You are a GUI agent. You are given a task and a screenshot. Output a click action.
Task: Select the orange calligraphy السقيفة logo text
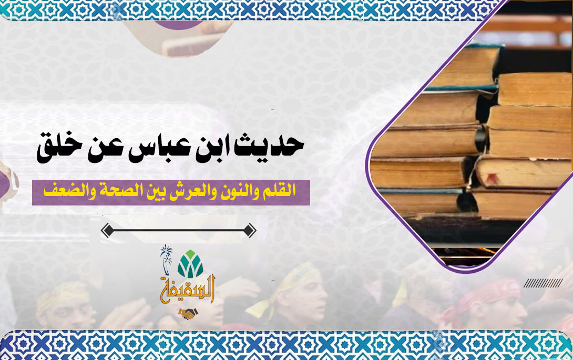click(x=188, y=290)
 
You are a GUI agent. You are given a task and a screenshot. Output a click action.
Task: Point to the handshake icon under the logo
click(x=188, y=313)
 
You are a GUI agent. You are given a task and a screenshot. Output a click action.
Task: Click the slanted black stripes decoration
click(x=543, y=283)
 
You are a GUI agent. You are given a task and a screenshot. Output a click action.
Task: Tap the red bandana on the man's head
click(x=486, y=292)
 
